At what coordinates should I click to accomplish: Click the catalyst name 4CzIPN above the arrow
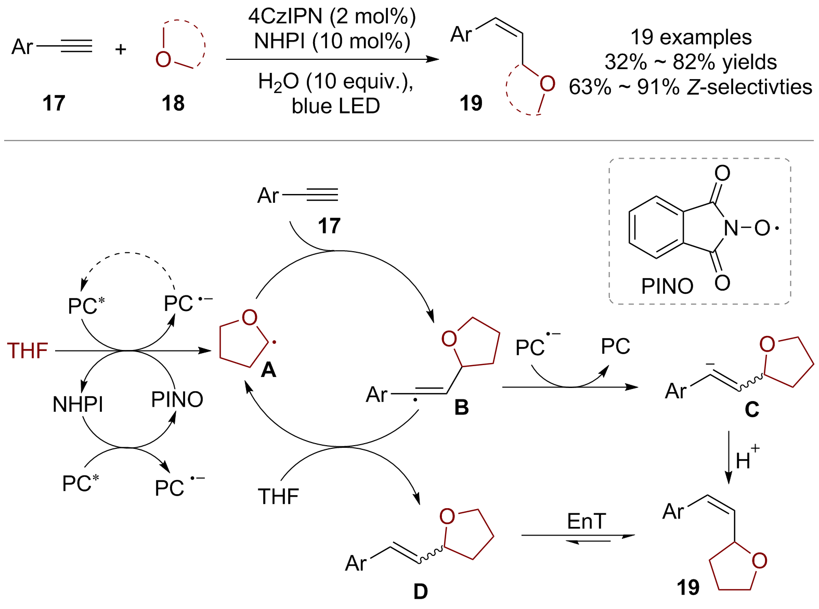[x=285, y=17]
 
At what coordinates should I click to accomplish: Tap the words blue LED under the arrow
[x=335, y=106]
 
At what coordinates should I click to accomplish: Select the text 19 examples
[x=691, y=37]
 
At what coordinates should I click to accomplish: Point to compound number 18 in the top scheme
[x=173, y=103]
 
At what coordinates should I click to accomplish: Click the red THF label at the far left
[x=28, y=351]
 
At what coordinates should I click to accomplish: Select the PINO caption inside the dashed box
[x=667, y=286]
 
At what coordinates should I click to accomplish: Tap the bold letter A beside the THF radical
[x=268, y=370]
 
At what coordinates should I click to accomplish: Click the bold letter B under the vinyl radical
[x=461, y=407]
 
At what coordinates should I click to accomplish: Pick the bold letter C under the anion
[x=752, y=410]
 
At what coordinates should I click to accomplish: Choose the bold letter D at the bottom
[x=420, y=591]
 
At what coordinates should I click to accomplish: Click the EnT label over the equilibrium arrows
[x=587, y=521]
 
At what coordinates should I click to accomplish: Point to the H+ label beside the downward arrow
[x=747, y=459]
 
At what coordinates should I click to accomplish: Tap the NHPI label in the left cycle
[x=78, y=404]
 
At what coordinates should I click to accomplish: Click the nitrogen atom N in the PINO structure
[x=731, y=228]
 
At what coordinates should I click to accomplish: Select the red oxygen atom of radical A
[x=250, y=317]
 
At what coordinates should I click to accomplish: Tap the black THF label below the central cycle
[x=278, y=497]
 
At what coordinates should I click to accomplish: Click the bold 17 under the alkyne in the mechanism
[x=329, y=226]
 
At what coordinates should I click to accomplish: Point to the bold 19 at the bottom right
[x=688, y=588]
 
